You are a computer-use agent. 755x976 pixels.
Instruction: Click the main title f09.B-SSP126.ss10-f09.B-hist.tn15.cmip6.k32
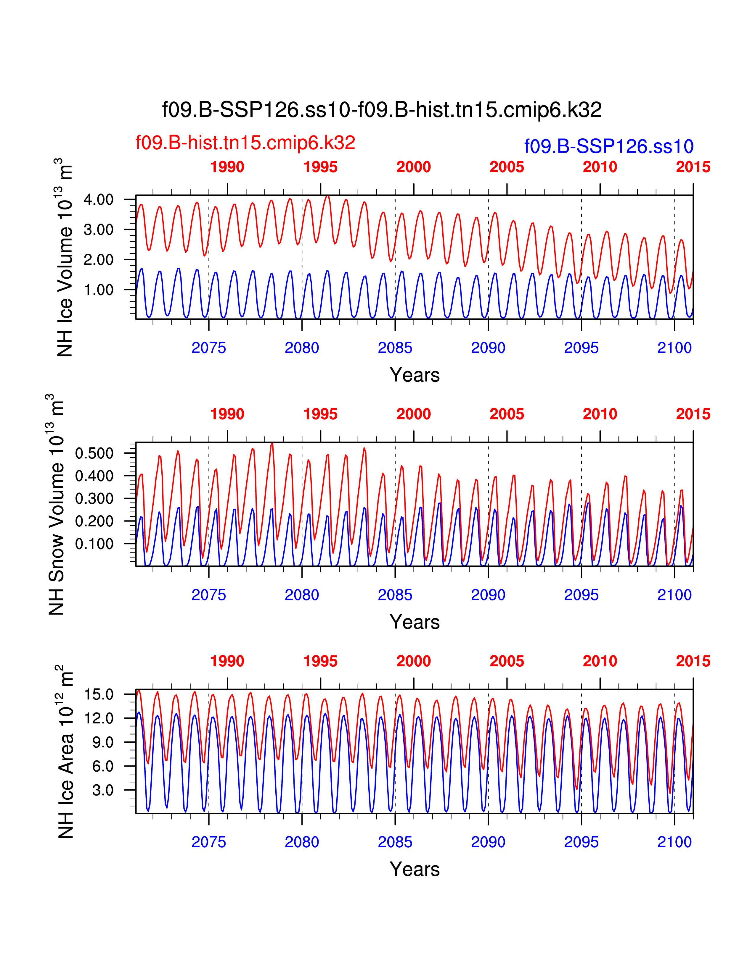[382, 110]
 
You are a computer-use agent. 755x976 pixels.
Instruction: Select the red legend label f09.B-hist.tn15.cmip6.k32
[245, 143]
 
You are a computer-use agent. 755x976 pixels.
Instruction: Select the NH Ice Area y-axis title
[65, 752]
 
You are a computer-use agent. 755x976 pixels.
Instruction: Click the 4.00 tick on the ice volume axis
[98, 200]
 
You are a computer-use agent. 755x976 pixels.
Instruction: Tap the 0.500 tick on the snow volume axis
[94, 453]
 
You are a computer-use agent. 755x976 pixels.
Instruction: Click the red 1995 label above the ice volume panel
[320, 167]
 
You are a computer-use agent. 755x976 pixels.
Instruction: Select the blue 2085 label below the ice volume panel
[395, 348]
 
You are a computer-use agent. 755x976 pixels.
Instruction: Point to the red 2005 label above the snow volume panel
[507, 414]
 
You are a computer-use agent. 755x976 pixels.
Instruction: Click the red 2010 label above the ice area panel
[600, 661]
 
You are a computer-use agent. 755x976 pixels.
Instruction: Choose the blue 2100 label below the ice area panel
[674, 842]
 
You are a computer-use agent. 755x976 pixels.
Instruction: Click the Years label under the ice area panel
[415, 869]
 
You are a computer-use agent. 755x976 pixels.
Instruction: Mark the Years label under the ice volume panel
[415, 375]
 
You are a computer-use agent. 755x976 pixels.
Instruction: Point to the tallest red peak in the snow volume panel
[272, 444]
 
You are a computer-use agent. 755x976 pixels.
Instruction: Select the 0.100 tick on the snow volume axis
[94, 544]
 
